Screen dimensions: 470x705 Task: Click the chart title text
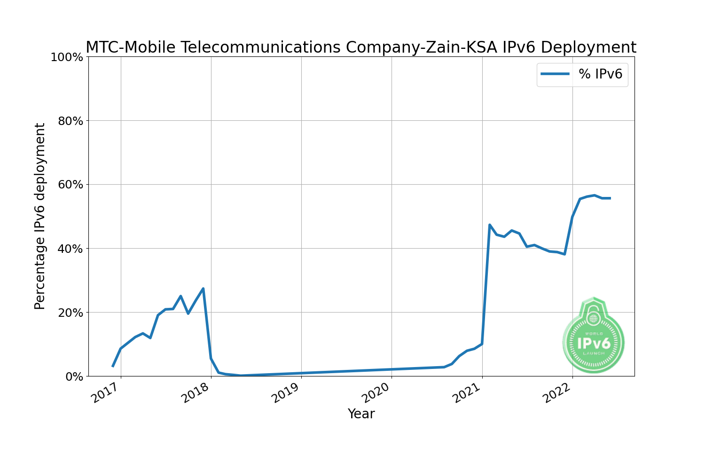click(360, 47)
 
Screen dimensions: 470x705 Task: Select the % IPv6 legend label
click(600, 74)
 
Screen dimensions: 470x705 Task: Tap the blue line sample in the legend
click(555, 74)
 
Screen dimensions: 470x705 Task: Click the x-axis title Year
click(361, 414)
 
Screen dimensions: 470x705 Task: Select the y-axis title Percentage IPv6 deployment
click(40, 216)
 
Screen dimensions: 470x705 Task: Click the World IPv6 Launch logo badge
click(594, 337)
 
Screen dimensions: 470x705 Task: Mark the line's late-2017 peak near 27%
click(203, 289)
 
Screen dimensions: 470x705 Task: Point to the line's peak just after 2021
click(489, 225)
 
